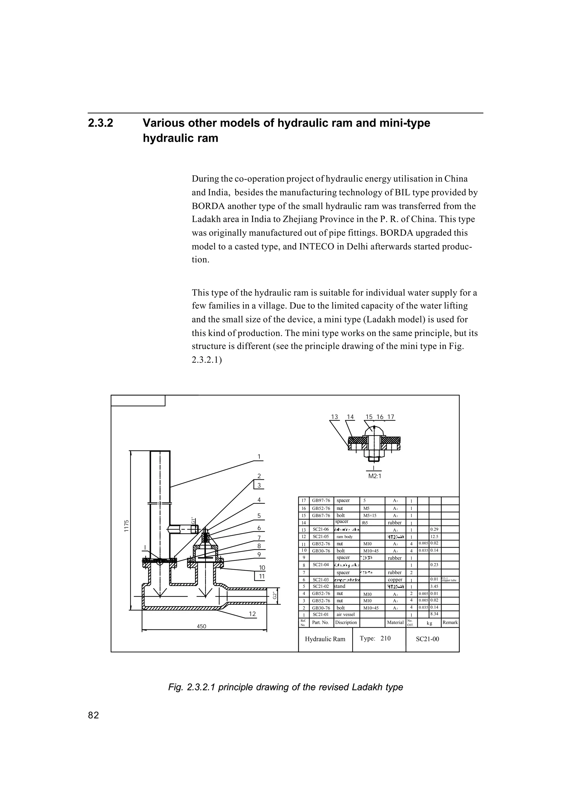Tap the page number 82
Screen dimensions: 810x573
pos(93,715)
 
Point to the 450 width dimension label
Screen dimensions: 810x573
pos(201,626)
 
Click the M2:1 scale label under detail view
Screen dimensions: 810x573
pos(375,476)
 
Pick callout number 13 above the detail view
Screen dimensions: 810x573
pos(334,417)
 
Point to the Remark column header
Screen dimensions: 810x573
pos(450,622)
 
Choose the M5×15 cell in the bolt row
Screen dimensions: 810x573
pos(370,515)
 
